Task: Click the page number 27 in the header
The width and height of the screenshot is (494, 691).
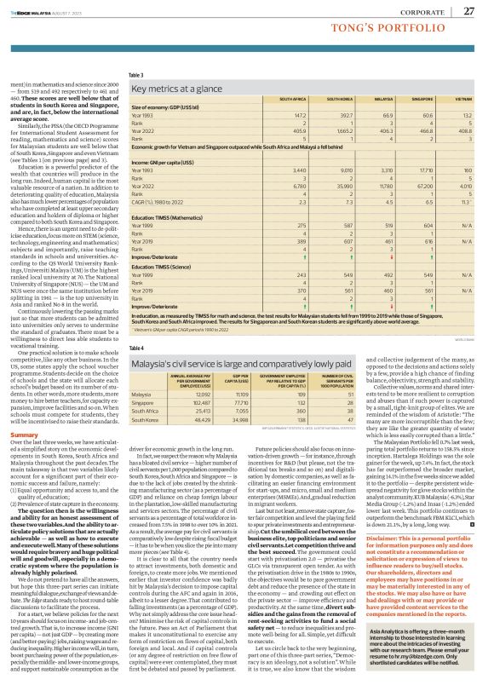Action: [x=469, y=10]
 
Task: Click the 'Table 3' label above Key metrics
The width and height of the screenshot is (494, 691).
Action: [x=136, y=75]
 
